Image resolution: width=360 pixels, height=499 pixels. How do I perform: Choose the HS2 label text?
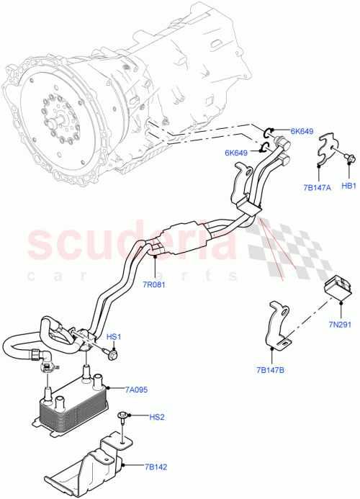point(157,417)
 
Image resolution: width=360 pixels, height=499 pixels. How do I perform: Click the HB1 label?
point(349,186)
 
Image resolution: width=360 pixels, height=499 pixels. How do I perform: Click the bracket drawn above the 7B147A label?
point(328,148)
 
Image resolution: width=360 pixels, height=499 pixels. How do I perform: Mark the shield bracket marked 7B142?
point(101,462)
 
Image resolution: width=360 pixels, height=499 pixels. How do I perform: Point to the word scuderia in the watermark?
point(130,246)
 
